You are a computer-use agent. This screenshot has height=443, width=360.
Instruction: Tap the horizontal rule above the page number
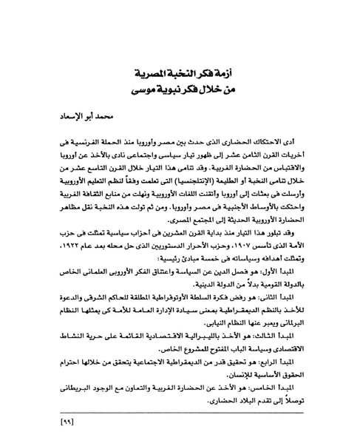[179, 414]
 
